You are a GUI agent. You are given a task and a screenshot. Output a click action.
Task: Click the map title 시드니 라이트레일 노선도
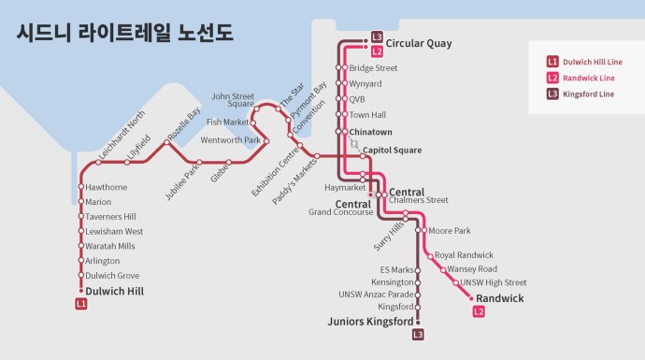coord(125,33)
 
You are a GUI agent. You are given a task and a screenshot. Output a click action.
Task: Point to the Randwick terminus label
coord(500,298)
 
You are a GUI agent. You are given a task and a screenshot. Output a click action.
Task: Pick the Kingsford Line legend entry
coord(581,94)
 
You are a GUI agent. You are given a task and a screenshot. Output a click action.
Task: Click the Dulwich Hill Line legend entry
coord(586,62)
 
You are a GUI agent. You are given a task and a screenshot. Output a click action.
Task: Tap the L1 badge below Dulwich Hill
coord(81,304)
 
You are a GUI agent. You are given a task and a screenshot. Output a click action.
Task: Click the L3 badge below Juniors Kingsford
coord(418,335)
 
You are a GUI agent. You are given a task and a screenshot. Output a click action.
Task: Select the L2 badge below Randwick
coord(479,311)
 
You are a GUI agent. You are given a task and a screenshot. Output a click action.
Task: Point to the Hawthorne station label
coord(106,187)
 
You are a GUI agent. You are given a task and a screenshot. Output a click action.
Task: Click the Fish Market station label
coord(227,122)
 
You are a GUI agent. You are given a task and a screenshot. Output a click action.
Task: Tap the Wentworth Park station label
coord(230,140)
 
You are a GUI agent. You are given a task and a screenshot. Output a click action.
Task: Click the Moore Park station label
coord(450,230)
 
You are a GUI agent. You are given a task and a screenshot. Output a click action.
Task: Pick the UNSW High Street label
coord(493,282)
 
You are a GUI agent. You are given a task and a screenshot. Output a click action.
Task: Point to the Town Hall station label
coord(366,115)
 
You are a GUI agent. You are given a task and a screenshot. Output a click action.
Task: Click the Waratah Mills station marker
coord(81,246)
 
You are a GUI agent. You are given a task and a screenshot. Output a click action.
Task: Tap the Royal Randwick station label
coord(464,255)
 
